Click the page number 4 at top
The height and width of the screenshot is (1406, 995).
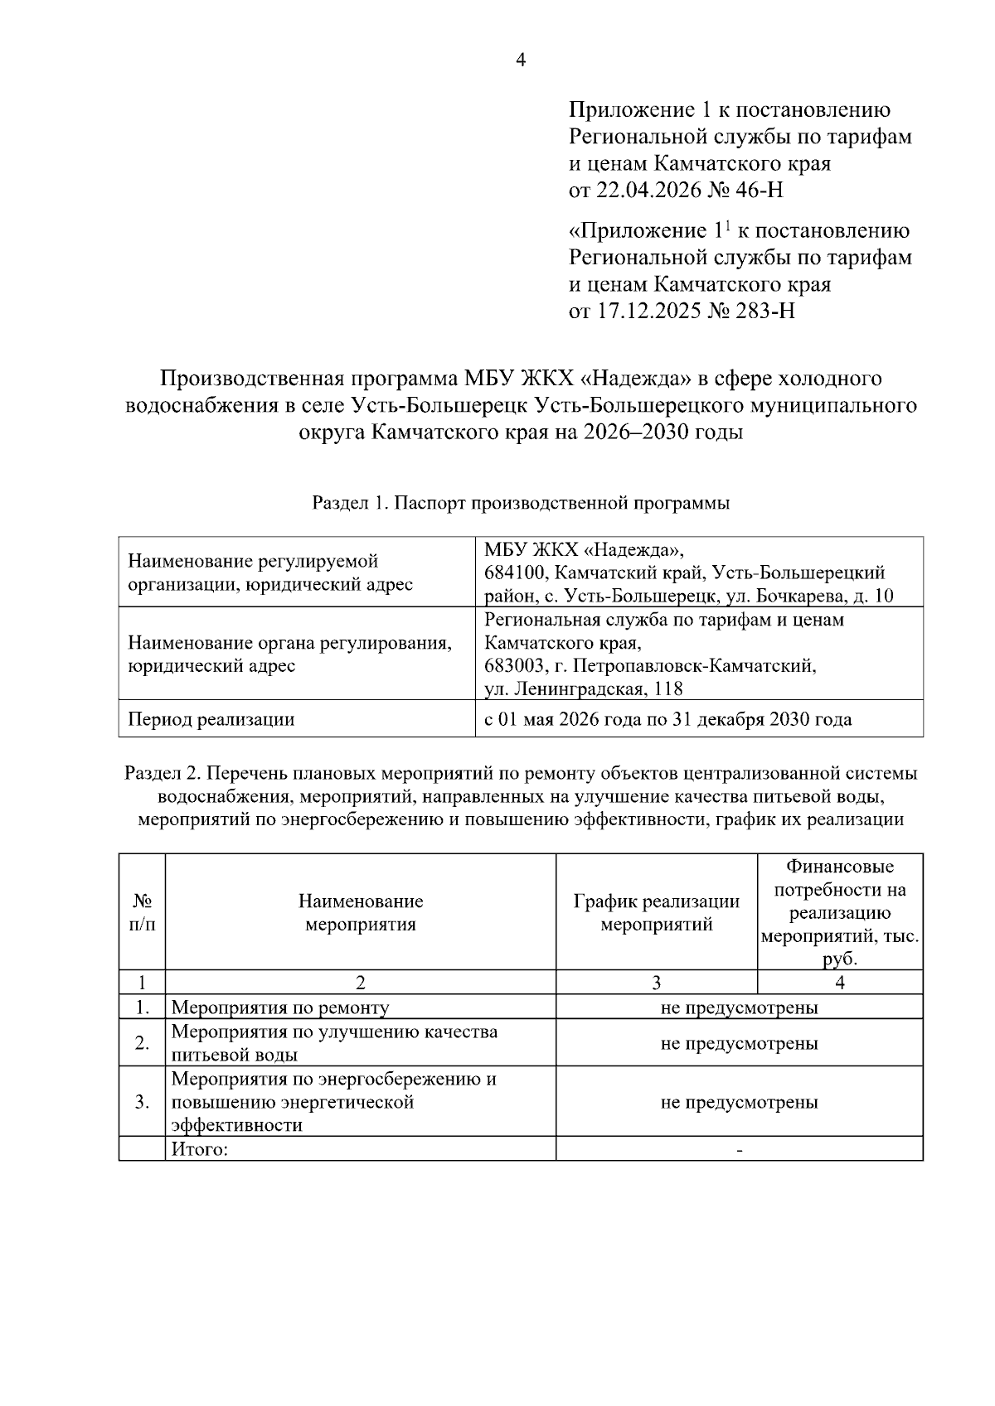pyautogui.click(x=521, y=60)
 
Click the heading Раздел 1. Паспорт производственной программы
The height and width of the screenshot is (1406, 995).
pyautogui.click(x=521, y=503)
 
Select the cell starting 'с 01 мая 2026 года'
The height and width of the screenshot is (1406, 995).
pyautogui.click(x=667, y=719)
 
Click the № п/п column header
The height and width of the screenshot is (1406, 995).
pyautogui.click(x=142, y=912)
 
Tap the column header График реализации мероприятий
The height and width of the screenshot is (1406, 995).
pyautogui.click(x=656, y=912)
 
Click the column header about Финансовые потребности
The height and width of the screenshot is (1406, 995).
pyautogui.click(x=839, y=912)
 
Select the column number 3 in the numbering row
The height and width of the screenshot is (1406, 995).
pyautogui.click(x=656, y=983)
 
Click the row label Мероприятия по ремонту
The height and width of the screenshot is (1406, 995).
pyautogui.click(x=280, y=1007)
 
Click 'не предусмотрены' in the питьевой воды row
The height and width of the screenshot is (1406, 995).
pyautogui.click(x=739, y=1043)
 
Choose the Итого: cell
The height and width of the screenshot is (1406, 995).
pyautogui.click(x=200, y=1149)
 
